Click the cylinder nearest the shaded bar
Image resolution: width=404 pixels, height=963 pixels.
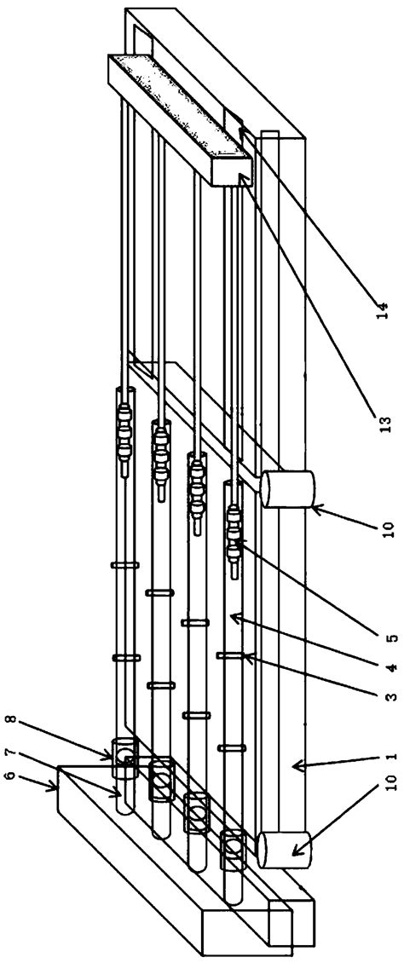pyautogui.click(x=287, y=489)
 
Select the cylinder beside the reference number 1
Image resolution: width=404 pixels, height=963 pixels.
pyautogui.click(x=284, y=849)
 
